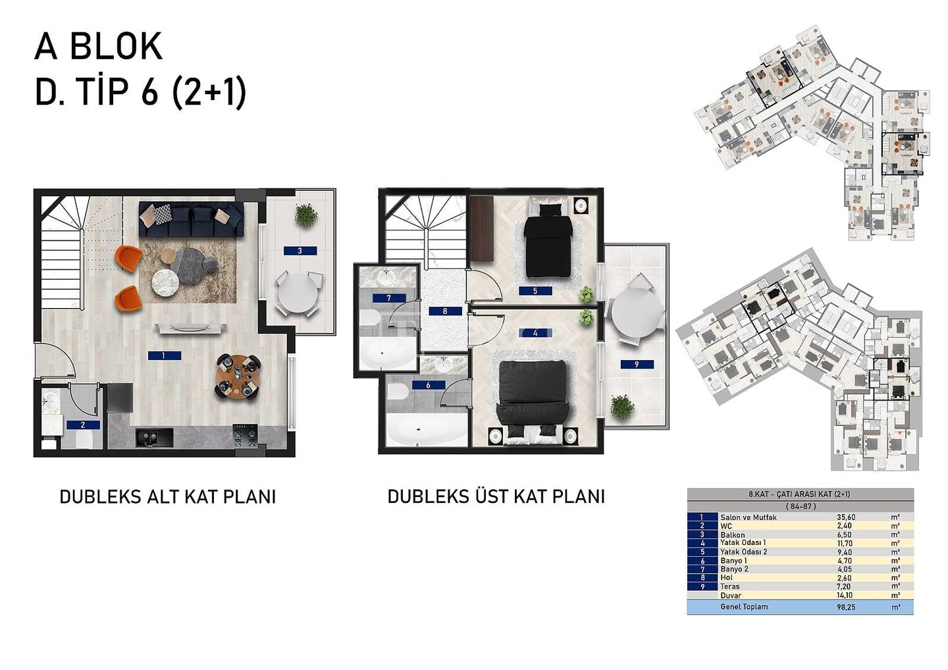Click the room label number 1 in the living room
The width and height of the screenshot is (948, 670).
click(164, 355)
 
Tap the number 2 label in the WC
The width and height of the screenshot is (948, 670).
click(83, 425)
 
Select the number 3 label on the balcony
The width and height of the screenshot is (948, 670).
click(300, 251)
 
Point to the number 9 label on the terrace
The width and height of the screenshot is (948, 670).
click(637, 364)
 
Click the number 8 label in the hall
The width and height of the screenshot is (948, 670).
click(445, 311)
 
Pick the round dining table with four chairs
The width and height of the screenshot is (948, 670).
click(238, 376)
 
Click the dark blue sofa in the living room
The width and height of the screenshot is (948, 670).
click(191, 219)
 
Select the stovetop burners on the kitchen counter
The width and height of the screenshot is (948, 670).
click(246, 436)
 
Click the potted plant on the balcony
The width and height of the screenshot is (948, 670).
click(305, 215)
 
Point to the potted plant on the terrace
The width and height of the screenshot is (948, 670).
click(621, 406)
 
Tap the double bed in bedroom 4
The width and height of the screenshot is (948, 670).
click(532, 398)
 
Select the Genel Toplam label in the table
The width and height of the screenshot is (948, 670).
click(743, 607)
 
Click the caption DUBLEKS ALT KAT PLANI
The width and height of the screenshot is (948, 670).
click(167, 496)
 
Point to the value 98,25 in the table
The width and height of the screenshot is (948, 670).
click(846, 607)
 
